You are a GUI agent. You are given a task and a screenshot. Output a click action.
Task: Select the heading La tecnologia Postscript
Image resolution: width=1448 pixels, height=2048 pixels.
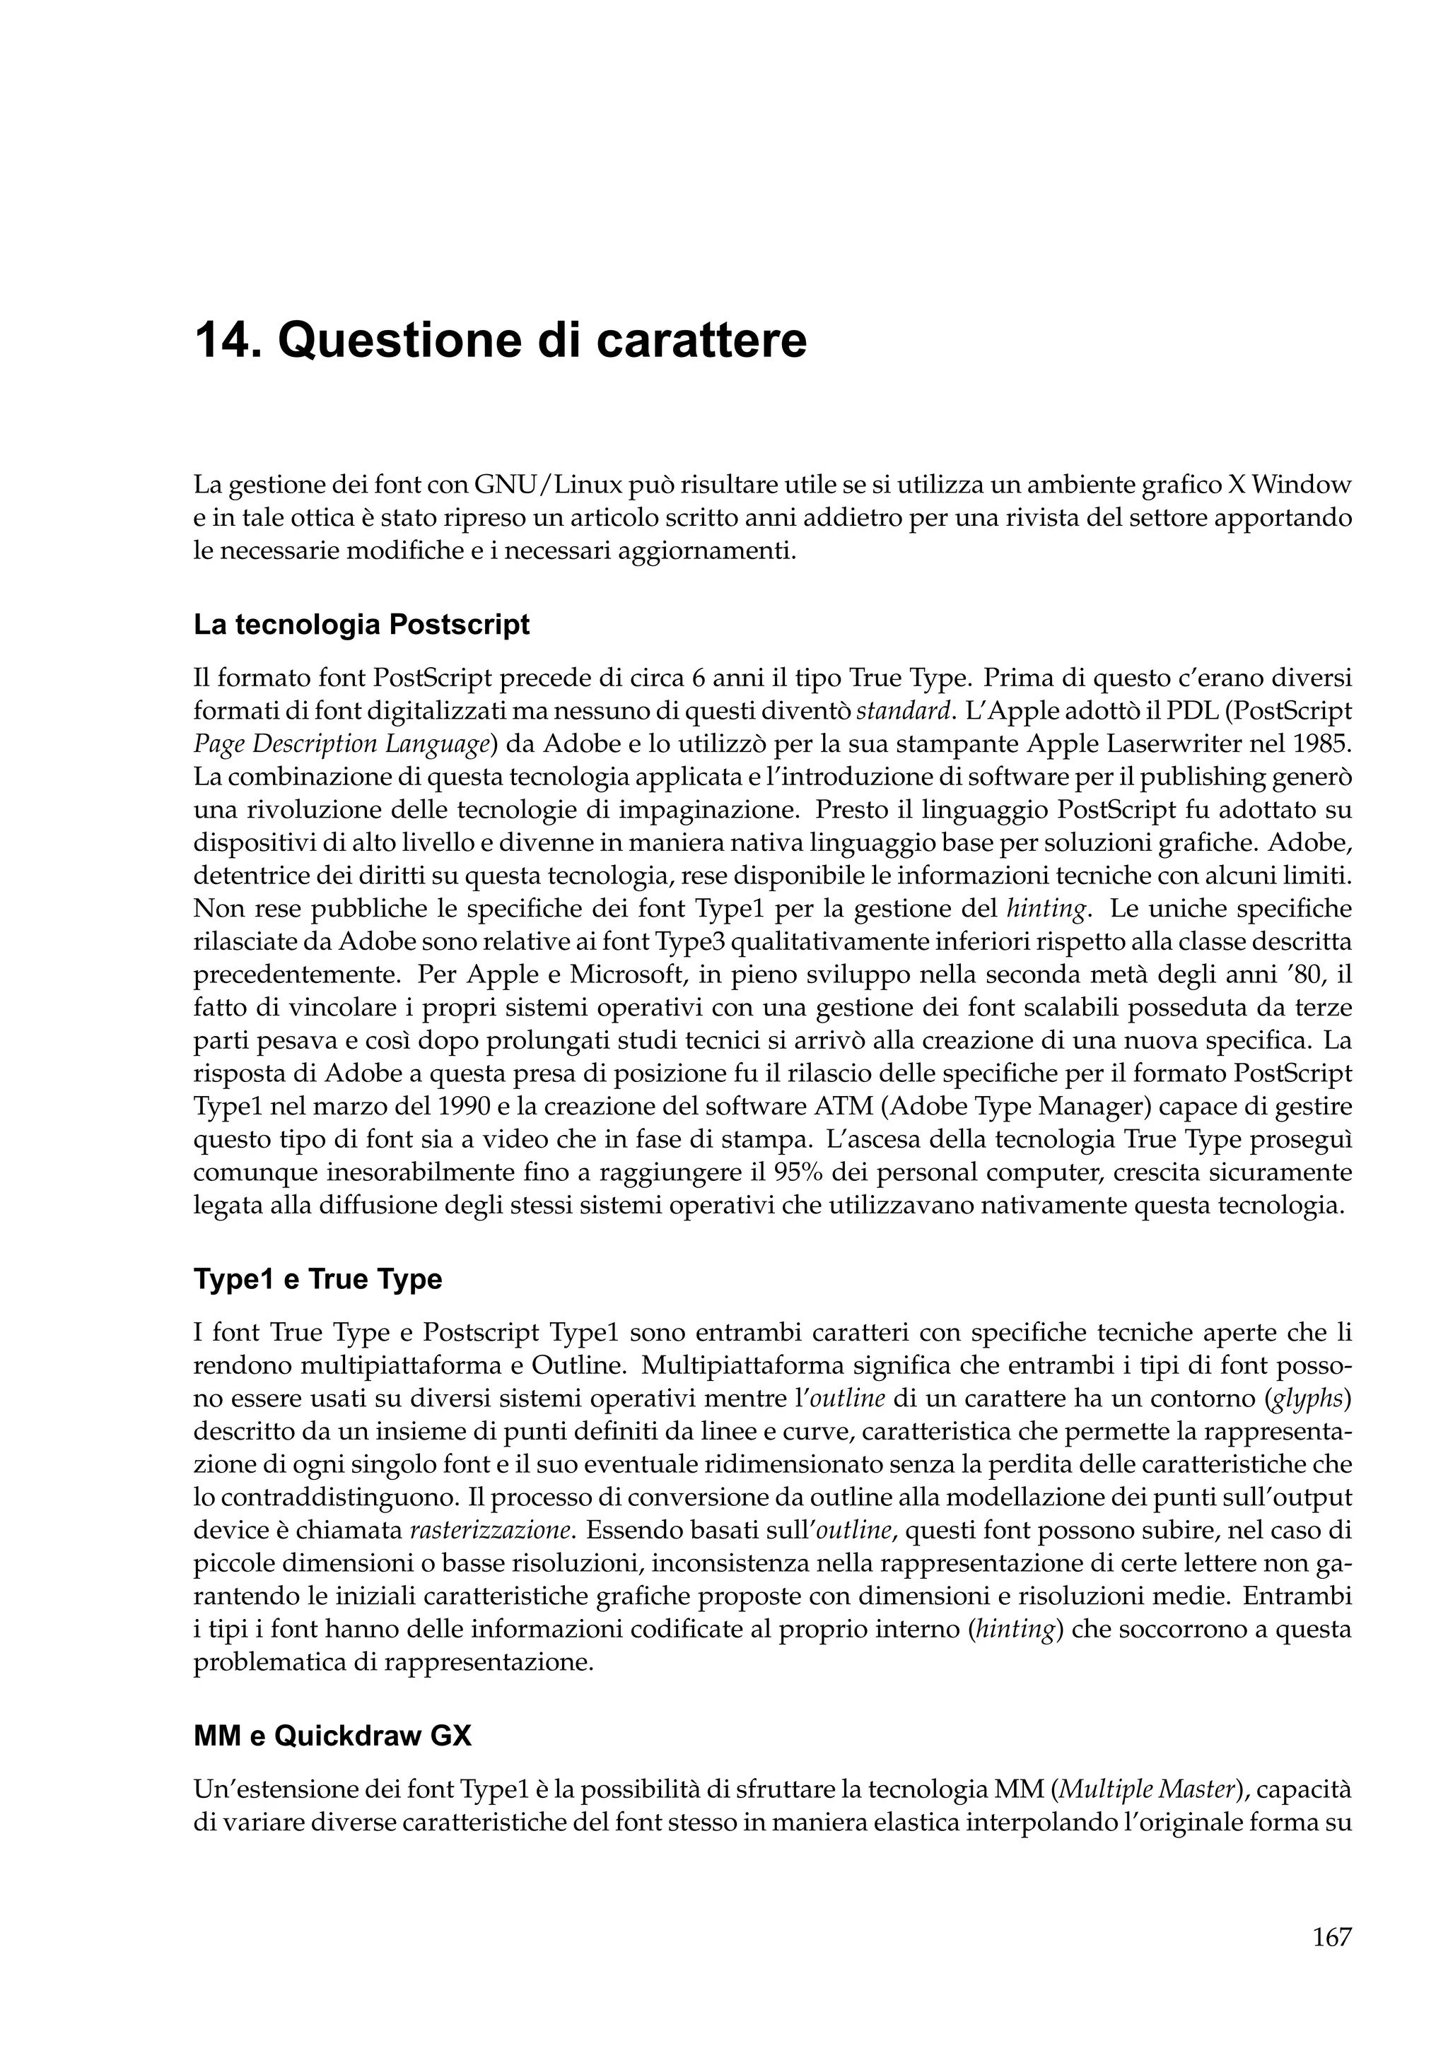pos(361,625)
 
